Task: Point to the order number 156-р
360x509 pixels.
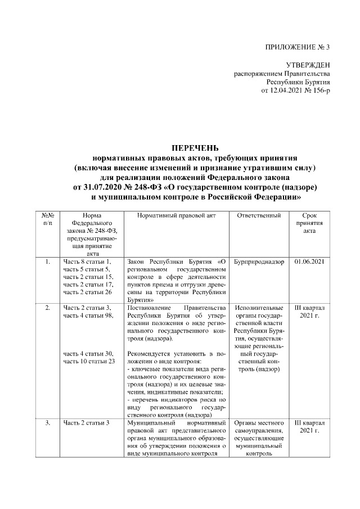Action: click(x=318, y=90)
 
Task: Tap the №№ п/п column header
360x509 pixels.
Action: click(x=47, y=219)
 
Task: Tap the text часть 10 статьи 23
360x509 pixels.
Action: click(x=89, y=361)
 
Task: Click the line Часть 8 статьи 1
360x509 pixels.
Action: click(x=87, y=262)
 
